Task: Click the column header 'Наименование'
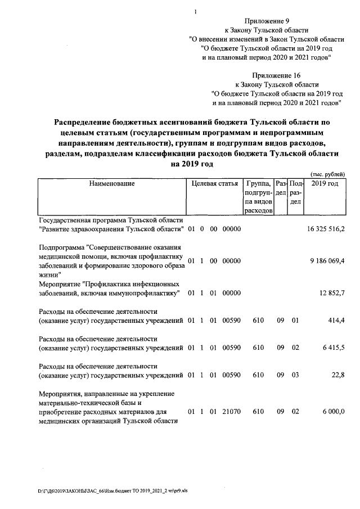pos(111,184)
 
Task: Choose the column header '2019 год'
pos(325,184)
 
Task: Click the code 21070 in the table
pos(232,412)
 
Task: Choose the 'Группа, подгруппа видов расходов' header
pos(258,197)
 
